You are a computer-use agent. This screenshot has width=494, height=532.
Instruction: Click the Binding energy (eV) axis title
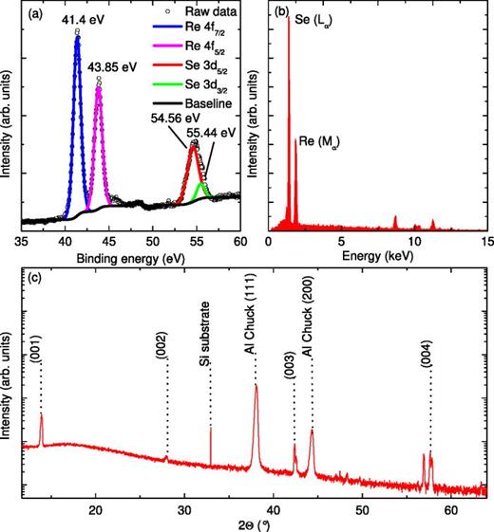point(133,259)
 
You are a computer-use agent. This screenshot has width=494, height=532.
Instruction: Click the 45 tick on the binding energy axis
point(108,243)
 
